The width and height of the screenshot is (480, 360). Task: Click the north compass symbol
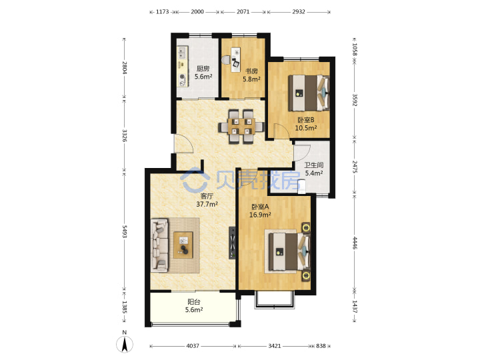tap(125, 343)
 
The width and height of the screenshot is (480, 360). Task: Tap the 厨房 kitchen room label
tap(203, 69)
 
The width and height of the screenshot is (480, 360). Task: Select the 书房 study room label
tap(251, 71)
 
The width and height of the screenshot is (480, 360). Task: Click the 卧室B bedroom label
tap(306, 120)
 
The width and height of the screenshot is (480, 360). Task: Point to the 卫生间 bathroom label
tap(314, 165)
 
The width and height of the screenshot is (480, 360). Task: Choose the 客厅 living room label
tap(207, 195)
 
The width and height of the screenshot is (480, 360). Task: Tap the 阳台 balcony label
tap(194, 302)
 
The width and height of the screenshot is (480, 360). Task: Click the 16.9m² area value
tap(260, 215)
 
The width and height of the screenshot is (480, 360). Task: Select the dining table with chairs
tap(241, 126)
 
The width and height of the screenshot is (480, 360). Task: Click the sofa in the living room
tap(159, 245)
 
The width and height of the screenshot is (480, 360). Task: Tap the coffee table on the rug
tap(183, 245)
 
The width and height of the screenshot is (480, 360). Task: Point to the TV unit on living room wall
tap(233, 243)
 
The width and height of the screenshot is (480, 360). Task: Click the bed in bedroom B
tap(309, 93)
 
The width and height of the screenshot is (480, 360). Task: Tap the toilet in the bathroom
tap(301, 187)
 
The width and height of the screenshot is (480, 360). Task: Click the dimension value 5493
tap(125, 231)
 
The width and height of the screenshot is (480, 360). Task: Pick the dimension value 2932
tap(299, 11)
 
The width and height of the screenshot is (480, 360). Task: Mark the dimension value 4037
tap(193, 346)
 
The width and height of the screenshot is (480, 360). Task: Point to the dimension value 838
tap(321, 346)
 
